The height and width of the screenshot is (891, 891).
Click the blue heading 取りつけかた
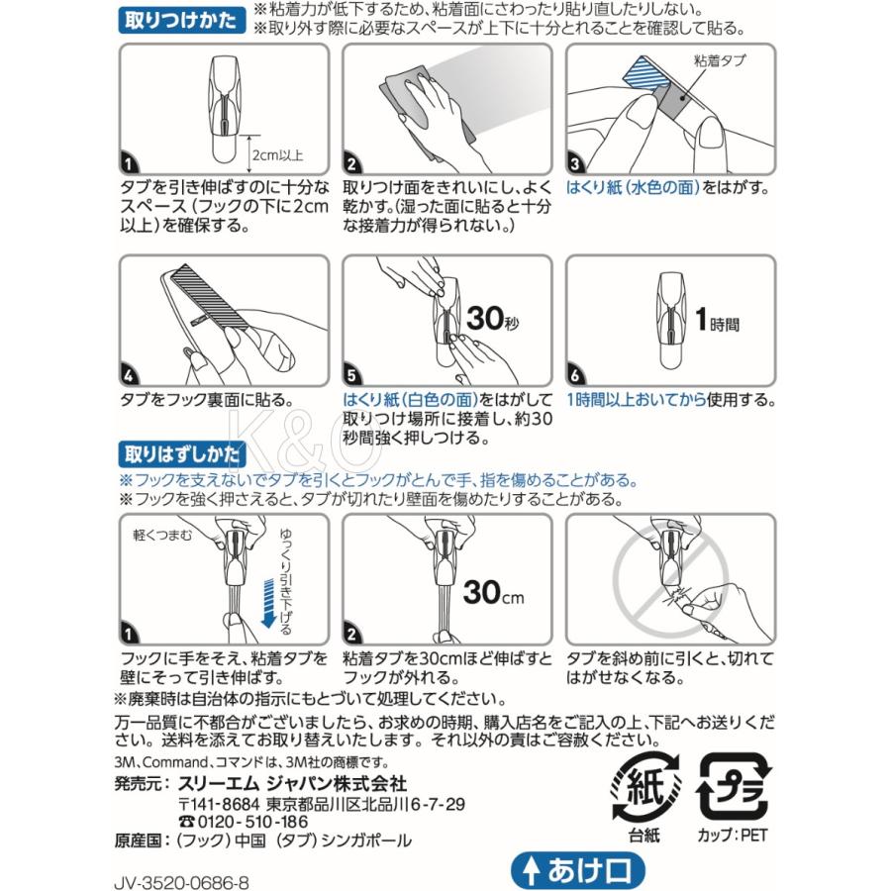click(181, 21)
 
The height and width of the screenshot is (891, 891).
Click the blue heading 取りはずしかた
click(182, 454)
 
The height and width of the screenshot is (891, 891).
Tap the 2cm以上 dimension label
click(278, 155)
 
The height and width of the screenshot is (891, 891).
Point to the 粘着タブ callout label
click(720, 60)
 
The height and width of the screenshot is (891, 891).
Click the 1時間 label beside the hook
click(717, 320)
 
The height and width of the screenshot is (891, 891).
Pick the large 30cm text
click(493, 592)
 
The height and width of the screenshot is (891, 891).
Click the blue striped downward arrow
click(268, 603)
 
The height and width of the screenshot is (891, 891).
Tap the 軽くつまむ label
click(162, 535)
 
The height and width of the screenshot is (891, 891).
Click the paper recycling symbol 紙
click(644, 788)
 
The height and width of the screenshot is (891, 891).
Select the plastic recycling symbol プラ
click(733, 788)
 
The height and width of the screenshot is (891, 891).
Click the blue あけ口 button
click(578, 870)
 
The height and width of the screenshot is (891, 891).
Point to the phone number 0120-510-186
click(244, 822)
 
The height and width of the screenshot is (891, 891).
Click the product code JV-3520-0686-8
click(181, 882)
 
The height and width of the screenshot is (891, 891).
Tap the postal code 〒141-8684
click(220, 804)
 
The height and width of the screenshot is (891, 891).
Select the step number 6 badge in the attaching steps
click(576, 375)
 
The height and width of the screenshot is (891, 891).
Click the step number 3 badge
click(575, 164)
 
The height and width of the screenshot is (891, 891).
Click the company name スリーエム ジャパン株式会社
click(293, 784)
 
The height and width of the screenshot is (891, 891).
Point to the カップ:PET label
click(733, 836)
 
